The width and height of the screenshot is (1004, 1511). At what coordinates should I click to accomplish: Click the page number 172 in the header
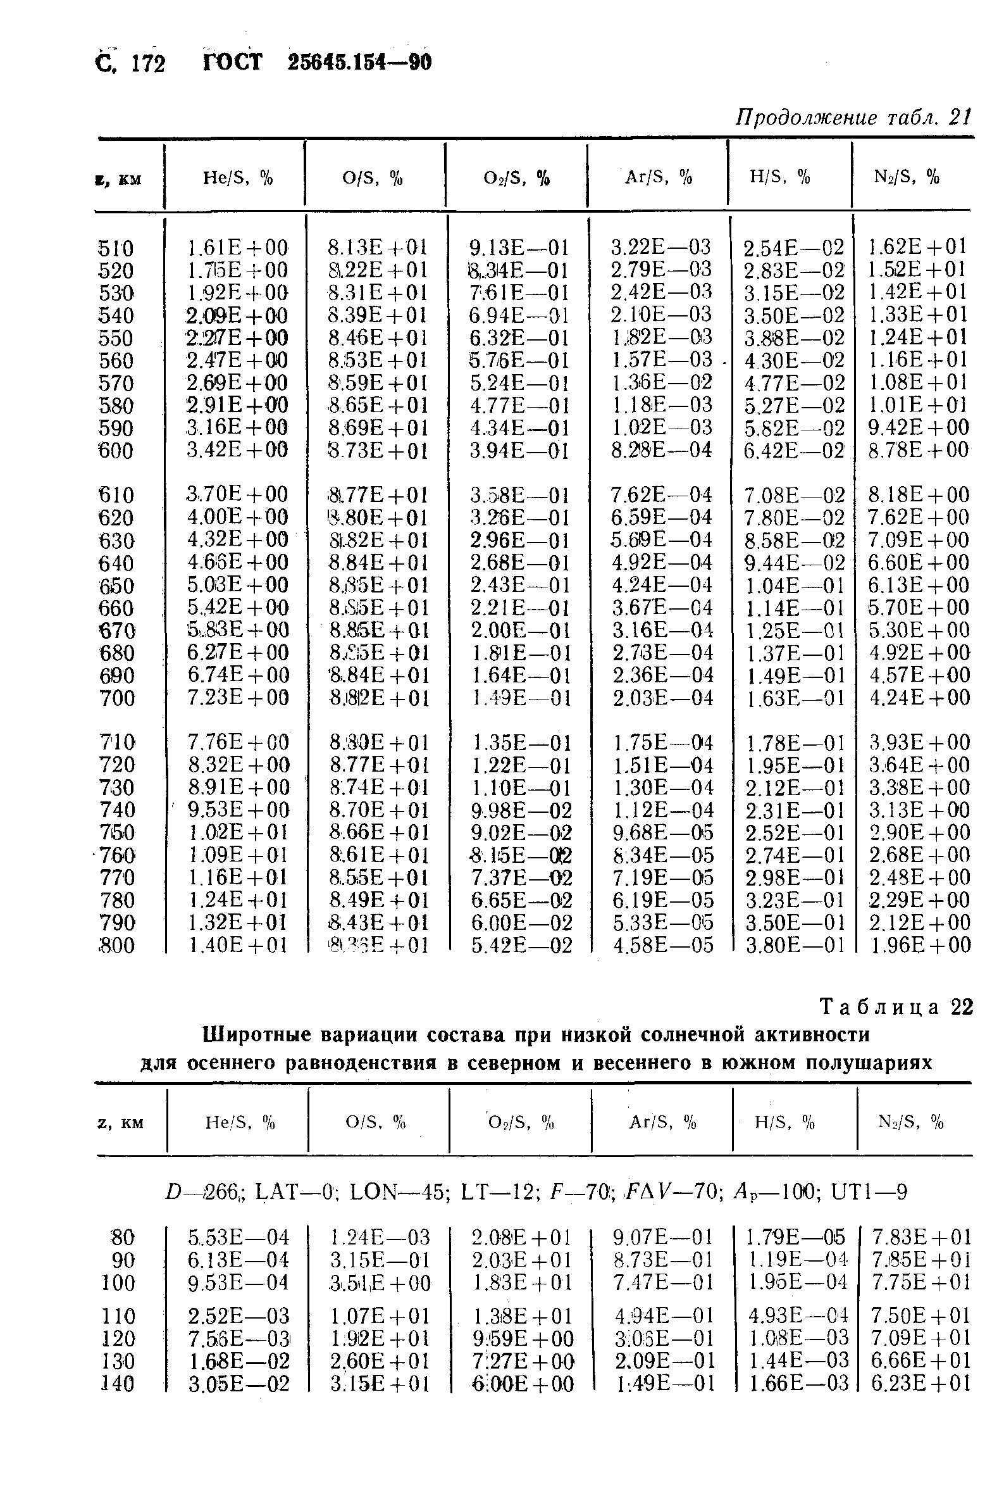(x=148, y=63)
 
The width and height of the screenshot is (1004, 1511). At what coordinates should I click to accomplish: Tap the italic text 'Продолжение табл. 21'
(x=853, y=117)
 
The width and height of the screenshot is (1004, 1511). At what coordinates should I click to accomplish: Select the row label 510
(x=116, y=248)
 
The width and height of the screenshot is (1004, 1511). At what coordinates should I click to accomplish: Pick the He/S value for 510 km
(x=237, y=248)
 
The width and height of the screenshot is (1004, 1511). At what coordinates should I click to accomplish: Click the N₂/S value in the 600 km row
(x=918, y=449)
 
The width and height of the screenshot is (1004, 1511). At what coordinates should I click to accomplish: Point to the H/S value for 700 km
(x=796, y=698)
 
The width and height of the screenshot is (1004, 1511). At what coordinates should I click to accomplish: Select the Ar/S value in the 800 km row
(x=663, y=945)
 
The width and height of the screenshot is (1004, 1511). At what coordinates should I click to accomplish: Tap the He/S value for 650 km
(x=237, y=585)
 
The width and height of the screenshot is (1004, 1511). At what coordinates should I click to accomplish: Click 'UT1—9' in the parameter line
(x=869, y=1192)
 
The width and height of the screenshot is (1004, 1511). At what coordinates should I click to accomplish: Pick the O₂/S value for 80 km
(x=521, y=1236)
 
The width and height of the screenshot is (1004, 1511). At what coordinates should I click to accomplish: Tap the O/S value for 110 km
(x=380, y=1316)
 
